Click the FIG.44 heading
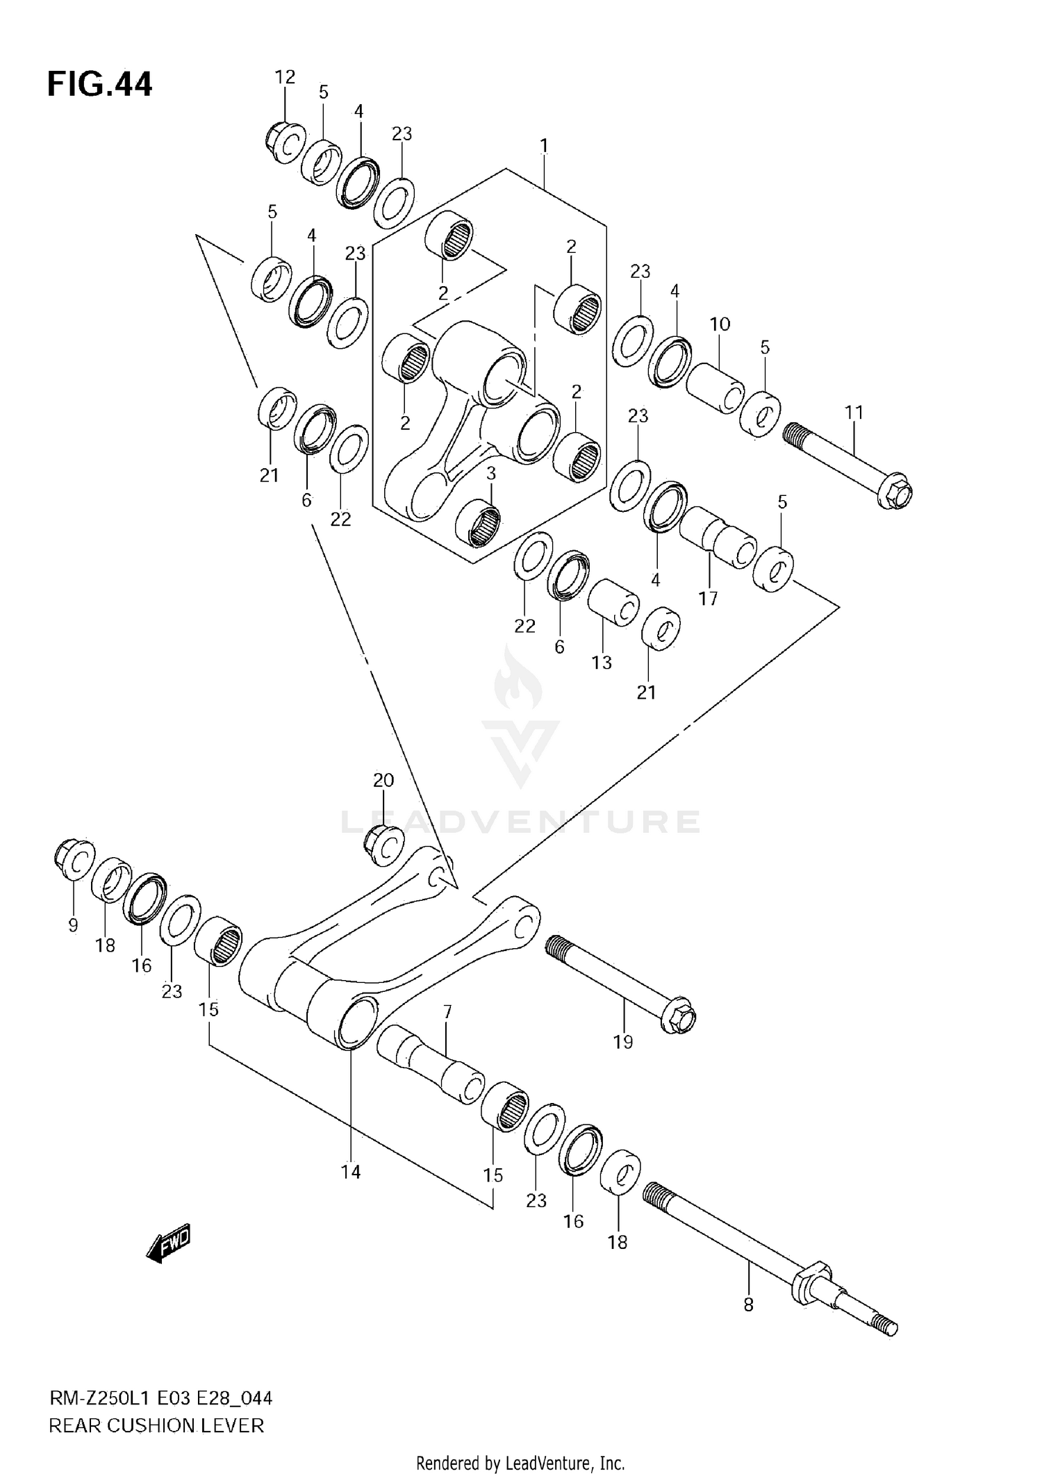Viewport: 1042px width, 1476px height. (x=99, y=85)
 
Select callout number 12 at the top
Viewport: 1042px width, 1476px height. (x=285, y=77)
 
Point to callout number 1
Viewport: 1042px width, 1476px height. (x=544, y=146)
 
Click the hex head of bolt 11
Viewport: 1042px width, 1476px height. (x=895, y=492)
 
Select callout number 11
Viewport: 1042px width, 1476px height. (x=854, y=413)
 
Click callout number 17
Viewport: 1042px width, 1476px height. (x=708, y=598)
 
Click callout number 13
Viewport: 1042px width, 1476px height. (x=602, y=663)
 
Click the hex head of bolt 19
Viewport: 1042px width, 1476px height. (x=679, y=1018)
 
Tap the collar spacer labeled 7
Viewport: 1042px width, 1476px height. (x=431, y=1066)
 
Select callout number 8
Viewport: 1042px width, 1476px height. (x=748, y=1305)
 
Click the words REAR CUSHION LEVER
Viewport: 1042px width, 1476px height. (x=156, y=1426)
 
